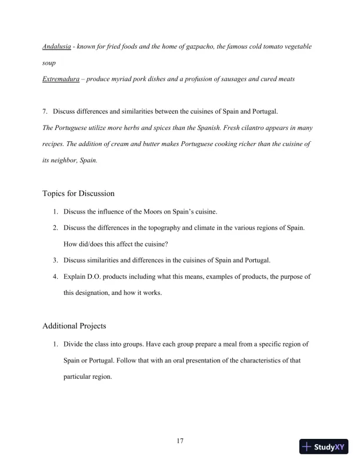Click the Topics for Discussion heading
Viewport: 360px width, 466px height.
pyautogui.click(x=79, y=193)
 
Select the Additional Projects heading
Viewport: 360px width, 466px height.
pyautogui.click(x=75, y=325)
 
